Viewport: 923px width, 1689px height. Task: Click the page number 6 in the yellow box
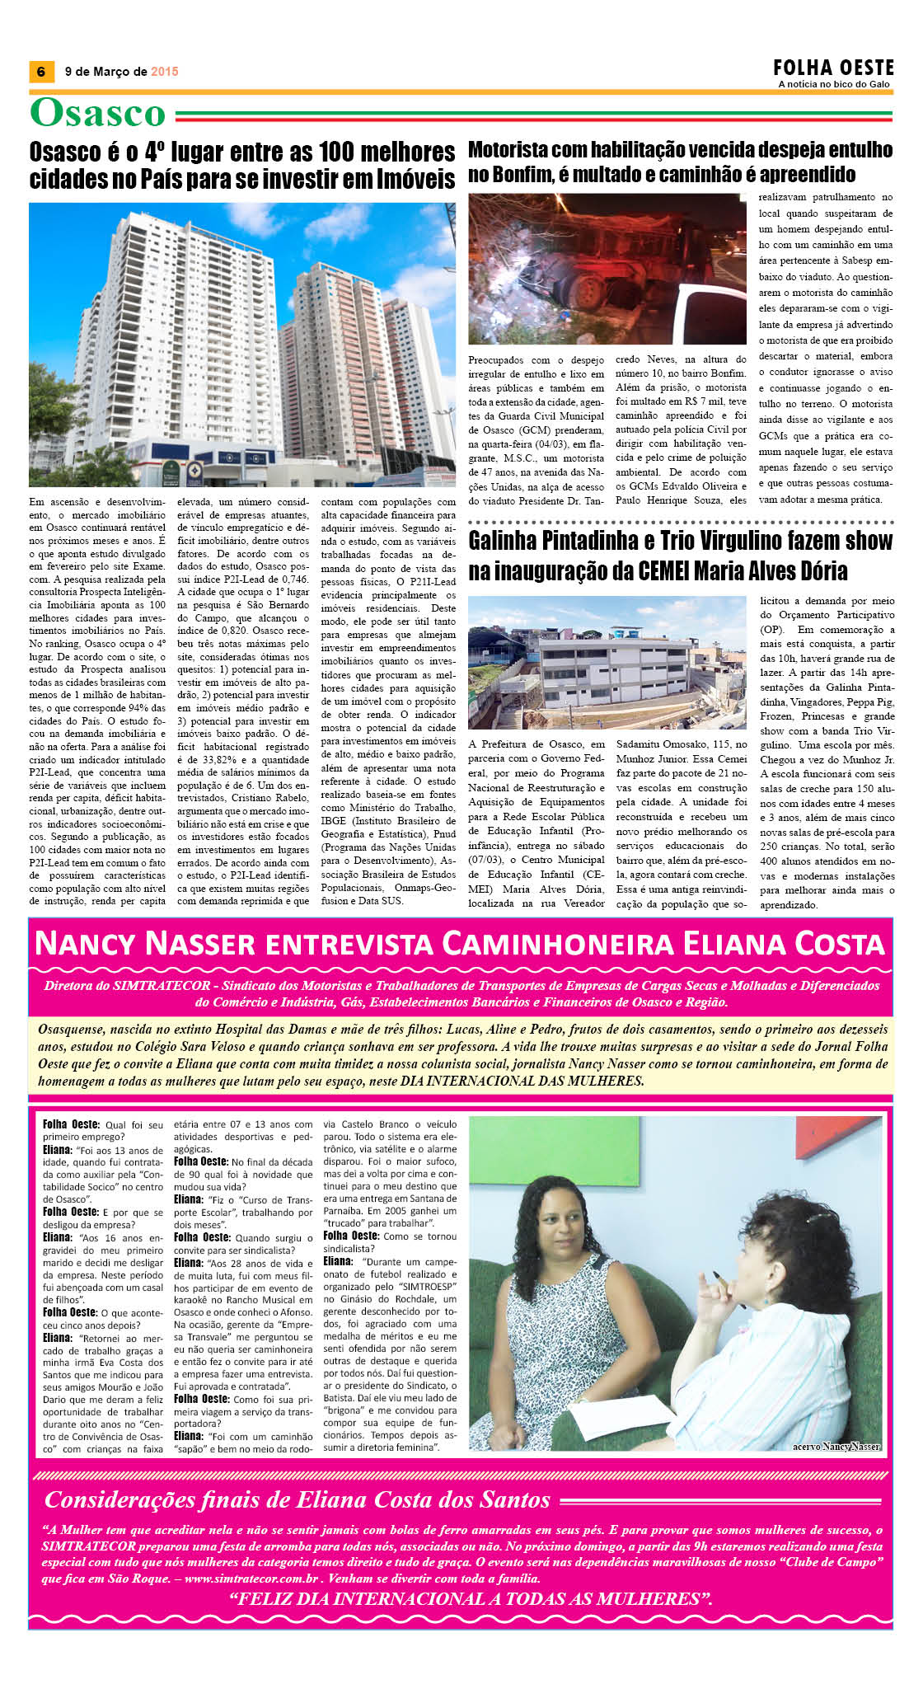41,72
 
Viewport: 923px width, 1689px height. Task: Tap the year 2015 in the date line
164,72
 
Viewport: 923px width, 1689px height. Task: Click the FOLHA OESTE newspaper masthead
833,68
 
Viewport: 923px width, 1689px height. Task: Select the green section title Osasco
98,113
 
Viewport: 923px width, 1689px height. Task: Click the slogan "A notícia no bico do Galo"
834,84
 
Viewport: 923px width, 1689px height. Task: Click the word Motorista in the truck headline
505,150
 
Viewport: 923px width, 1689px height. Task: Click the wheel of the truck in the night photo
590,291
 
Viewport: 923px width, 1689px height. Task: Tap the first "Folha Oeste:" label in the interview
70,1124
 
